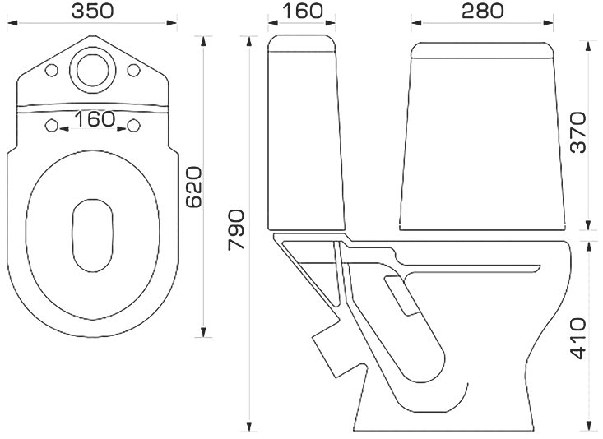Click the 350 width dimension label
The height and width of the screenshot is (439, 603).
coord(93,11)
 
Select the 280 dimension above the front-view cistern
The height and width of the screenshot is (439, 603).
coord(482,11)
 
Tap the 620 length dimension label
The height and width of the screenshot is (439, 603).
coord(193,187)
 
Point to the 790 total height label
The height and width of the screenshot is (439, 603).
coord(236,230)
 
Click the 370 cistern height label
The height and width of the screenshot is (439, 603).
coord(578,132)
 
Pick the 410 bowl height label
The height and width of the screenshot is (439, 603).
coord(578,338)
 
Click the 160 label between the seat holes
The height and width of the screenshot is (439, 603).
coord(95,119)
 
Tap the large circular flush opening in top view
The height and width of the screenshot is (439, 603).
coord(93,70)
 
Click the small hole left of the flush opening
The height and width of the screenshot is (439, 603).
coord(52,71)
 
